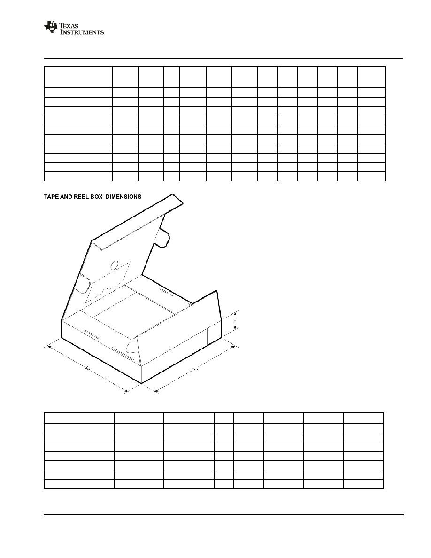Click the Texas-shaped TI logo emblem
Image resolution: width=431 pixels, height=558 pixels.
pyautogui.click(x=51, y=27)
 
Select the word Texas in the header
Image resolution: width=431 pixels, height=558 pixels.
pyautogui.click(x=69, y=26)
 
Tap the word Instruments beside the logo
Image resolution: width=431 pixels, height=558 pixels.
pyautogui.click(x=82, y=32)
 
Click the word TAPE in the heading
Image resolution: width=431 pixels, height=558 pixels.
pyautogui.click(x=50, y=197)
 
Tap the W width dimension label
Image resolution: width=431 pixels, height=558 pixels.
pyautogui.click(x=87, y=368)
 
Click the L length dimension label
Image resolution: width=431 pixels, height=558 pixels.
pyautogui.click(x=195, y=370)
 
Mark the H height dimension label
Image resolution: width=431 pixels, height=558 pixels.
pyautogui.click(x=235, y=321)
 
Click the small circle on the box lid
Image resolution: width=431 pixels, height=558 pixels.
pyautogui.click(x=115, y=265)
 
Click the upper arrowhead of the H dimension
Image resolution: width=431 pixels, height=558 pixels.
pyautogui.click(x=235, y=313)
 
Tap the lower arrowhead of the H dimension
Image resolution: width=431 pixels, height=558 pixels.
pyautogui.click(x=235, y=328)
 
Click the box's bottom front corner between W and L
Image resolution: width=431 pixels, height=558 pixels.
pyautogui.click(x=141, y=384)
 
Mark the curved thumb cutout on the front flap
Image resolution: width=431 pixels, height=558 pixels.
pyautogui.click(x=131, y=345)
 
